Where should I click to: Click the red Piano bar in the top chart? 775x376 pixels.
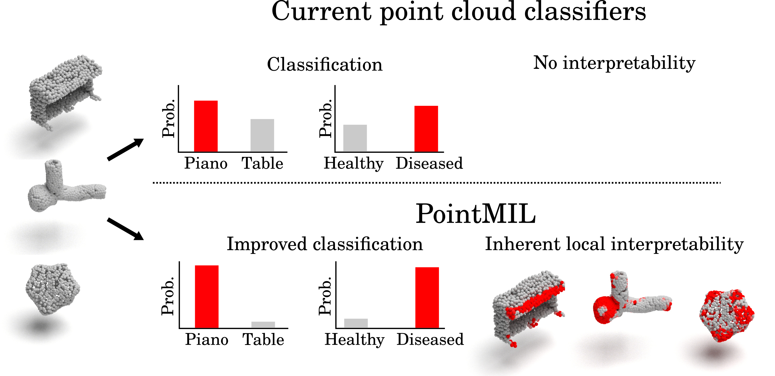point(206,126)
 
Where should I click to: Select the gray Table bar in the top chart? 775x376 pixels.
point(262,135)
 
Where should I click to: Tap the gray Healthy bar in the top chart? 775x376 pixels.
point(355,138)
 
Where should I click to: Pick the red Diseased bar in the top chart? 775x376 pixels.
point(426,129)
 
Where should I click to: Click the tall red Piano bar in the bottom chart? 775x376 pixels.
point(207,296)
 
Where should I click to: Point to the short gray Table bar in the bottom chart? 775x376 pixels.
point(263,325)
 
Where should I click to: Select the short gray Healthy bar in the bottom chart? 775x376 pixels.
point(356,323)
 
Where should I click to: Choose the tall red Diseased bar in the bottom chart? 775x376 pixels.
point(427,297)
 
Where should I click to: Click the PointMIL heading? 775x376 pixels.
point(476,214)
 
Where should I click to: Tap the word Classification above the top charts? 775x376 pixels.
point(325,65)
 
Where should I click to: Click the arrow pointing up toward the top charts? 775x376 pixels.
point(126,150)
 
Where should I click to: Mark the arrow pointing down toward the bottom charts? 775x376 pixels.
point(126,229)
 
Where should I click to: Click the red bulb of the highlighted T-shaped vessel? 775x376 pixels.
point(605,310)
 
